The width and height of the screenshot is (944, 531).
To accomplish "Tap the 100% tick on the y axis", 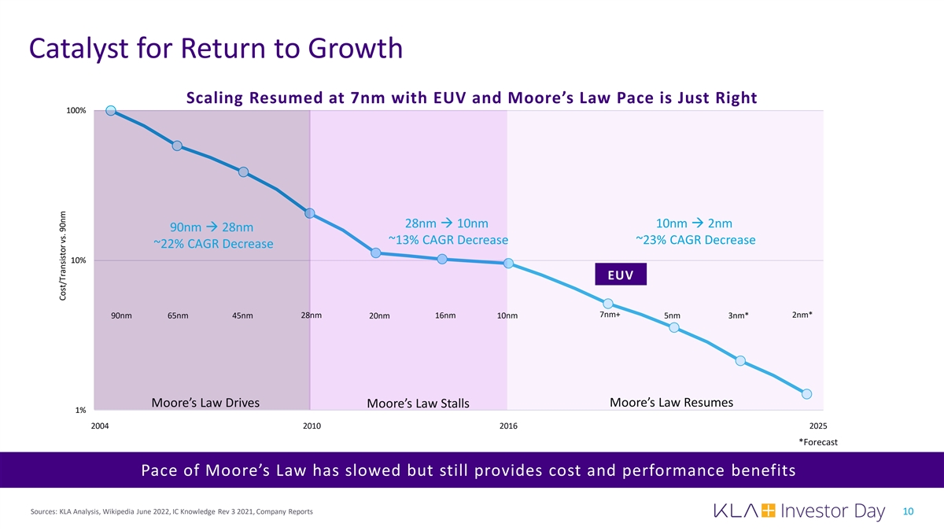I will point(76,111).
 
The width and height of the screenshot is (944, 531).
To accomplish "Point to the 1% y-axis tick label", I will point(80,411).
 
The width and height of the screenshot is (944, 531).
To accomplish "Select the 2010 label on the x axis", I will point(312,426).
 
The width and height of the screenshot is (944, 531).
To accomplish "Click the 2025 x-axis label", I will point(818,426).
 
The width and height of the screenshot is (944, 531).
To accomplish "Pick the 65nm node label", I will point(178,316).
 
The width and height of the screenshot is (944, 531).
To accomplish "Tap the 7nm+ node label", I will point(610,315).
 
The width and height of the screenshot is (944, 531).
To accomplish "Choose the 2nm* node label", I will point(802,315).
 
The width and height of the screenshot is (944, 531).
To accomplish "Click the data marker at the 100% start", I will point(111,111).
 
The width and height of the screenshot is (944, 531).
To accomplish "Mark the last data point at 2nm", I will point(806,393).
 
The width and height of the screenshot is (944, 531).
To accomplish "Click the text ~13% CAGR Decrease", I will point(448,240).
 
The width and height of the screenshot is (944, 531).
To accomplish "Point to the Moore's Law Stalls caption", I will point(418,404).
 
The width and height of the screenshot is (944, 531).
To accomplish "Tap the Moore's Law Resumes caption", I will point(671,403).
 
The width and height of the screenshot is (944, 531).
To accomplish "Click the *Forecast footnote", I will point(818,442).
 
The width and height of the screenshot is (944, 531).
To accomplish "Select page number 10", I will point(908,512).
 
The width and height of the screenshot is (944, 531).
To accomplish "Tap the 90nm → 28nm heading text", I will point(206,228).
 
